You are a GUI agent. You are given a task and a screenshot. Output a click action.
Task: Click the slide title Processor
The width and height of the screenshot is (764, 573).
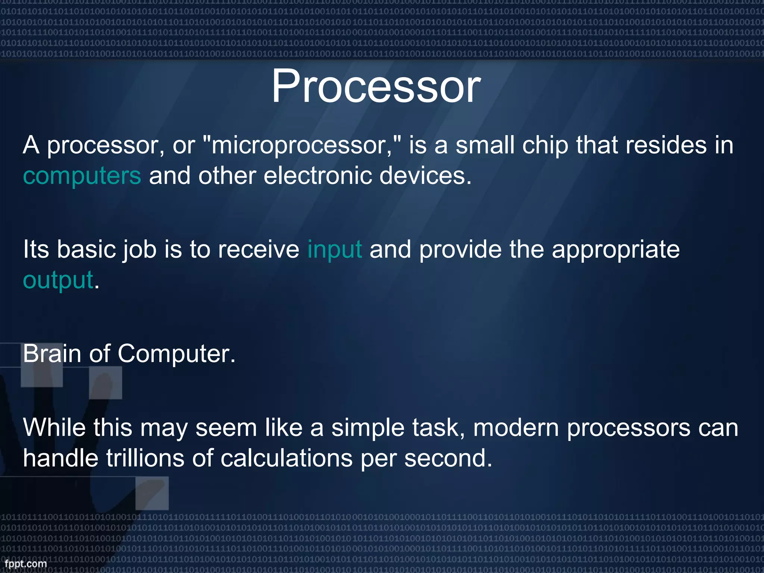pos(376,87)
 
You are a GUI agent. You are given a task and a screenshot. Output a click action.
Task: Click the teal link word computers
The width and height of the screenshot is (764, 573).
pos(82,176)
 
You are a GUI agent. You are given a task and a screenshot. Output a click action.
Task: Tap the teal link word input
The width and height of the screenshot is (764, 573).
pos(335,249)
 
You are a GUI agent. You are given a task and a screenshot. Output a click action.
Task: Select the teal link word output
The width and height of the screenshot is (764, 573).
pos(58,280)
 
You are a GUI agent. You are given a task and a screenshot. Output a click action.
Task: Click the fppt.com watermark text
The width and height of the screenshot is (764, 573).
pos(26,564)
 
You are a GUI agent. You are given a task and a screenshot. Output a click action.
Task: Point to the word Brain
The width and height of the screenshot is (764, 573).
pos(52,353)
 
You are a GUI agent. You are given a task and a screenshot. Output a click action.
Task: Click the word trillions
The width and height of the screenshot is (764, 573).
pos(145,458)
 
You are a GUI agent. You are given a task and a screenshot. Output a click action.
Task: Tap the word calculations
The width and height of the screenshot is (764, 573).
pos(286,458)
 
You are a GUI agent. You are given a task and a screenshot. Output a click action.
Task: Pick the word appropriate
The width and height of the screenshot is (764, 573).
pos(616,250)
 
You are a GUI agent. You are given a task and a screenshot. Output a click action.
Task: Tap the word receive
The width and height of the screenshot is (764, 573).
pos(258,249)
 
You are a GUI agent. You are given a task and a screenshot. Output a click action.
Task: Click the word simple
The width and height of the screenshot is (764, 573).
pos(368,428)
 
